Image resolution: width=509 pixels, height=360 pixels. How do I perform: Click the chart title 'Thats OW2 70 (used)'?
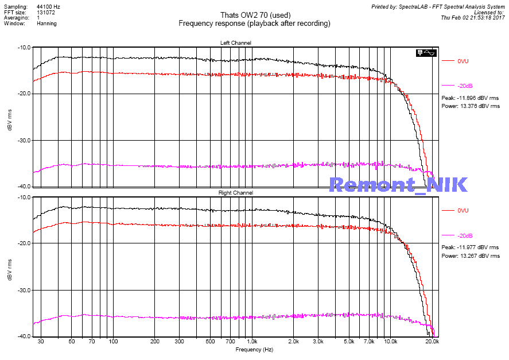coord(254,15)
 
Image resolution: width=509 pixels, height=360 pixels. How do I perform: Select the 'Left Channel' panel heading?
coord(235,43)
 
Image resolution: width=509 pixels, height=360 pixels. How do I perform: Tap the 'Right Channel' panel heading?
coord(235,193)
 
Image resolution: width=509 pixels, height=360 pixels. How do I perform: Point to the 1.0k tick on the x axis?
coord(251,341)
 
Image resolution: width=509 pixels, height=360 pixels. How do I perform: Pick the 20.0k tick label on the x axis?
coord(432,341)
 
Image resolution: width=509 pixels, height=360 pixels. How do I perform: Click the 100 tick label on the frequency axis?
coord(113,341)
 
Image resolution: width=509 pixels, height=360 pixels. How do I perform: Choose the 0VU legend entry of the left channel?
coord(463,61)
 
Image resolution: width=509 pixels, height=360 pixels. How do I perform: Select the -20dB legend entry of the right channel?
coord(465,236)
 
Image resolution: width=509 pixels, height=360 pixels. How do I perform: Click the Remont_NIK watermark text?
coord(398,184)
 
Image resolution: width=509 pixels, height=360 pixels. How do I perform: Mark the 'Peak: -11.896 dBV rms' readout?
coord(470,98)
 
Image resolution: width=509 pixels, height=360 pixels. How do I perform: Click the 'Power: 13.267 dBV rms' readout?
coord(470,256)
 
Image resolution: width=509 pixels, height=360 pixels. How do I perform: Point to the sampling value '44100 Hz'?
coord(48,6)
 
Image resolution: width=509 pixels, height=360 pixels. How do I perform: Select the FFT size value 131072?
coord(46,12)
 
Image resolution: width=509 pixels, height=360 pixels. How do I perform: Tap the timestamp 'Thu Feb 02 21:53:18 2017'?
coord(472,18)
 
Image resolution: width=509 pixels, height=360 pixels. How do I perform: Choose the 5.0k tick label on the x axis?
coord(349,341)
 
